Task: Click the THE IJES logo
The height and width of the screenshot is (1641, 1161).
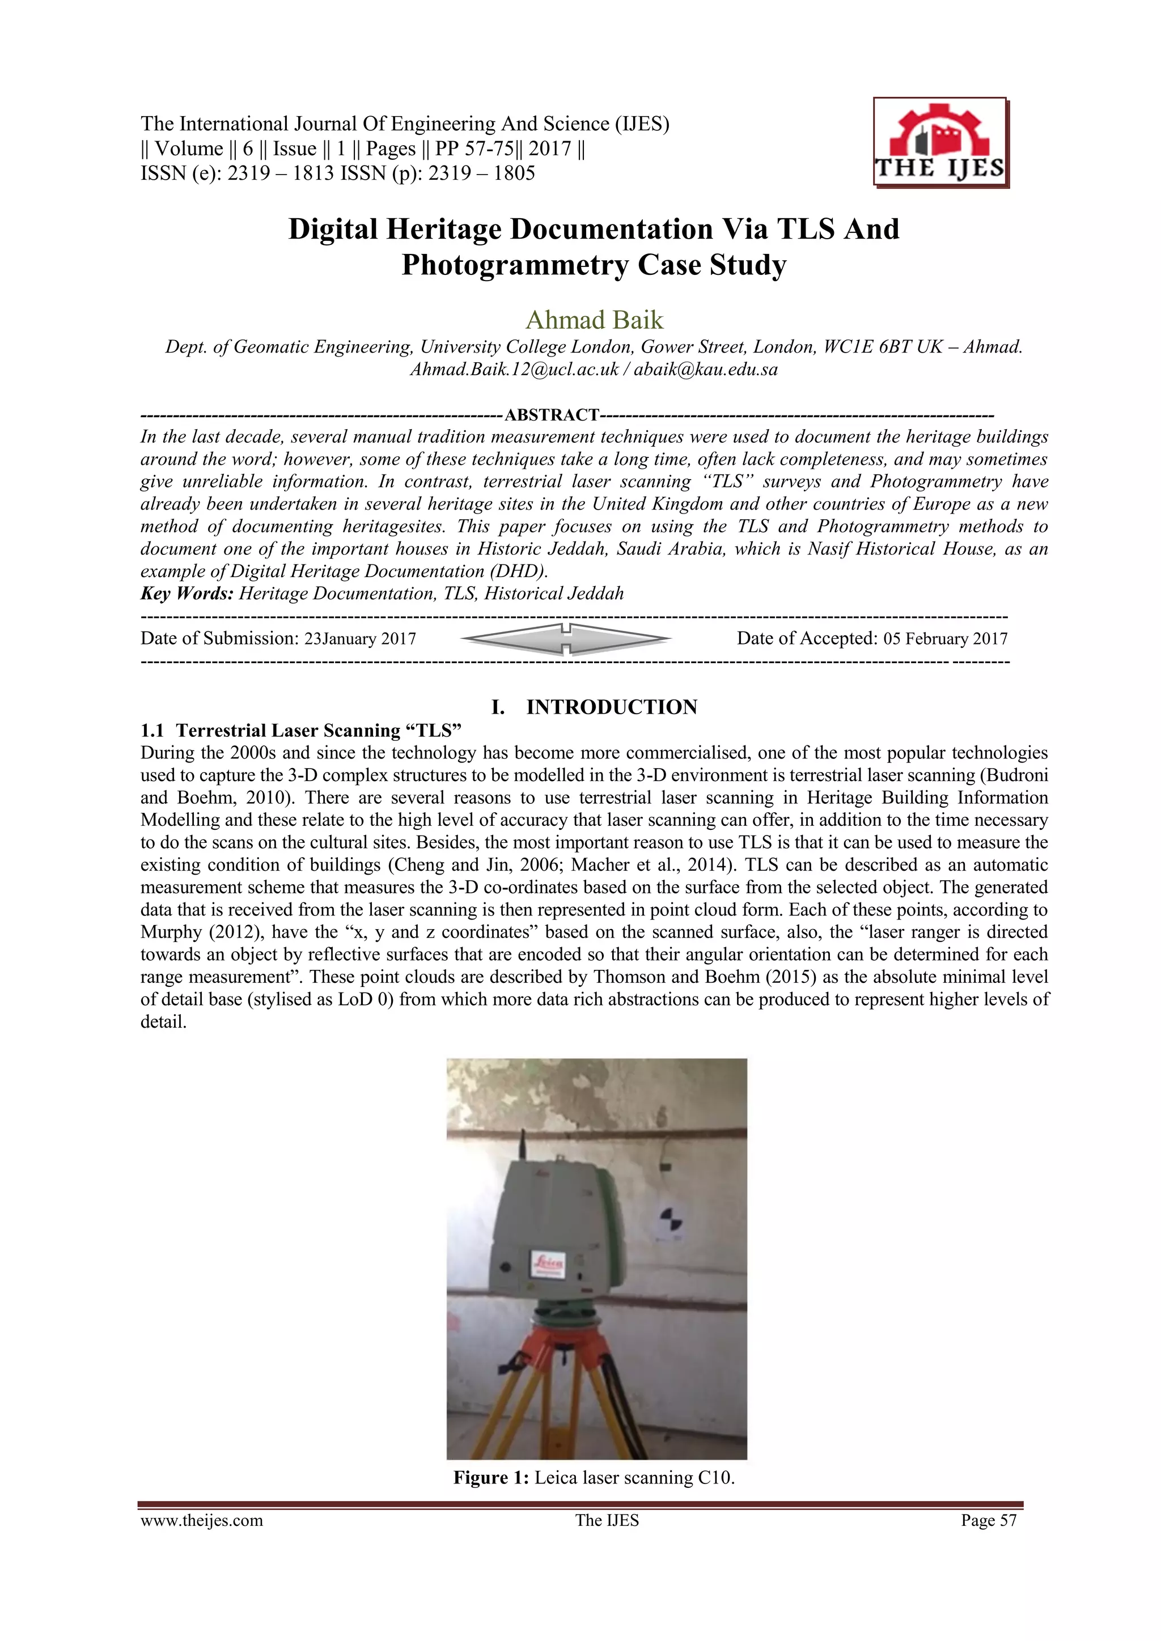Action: pos(940,143)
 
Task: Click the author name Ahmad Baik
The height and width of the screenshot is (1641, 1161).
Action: pos(594,320)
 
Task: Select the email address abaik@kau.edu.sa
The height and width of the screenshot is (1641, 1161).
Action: pos(706,370)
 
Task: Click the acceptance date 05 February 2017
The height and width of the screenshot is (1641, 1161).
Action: pos(945,638)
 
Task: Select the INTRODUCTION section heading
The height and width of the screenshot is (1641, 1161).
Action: pos(611,707)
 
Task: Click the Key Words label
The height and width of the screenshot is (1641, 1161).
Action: pos(187,593)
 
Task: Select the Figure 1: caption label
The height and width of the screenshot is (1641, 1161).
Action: pos(490,1477)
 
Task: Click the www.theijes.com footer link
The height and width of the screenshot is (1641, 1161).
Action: pos(202,1520)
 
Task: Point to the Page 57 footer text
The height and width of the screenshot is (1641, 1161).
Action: pos(988,1520)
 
